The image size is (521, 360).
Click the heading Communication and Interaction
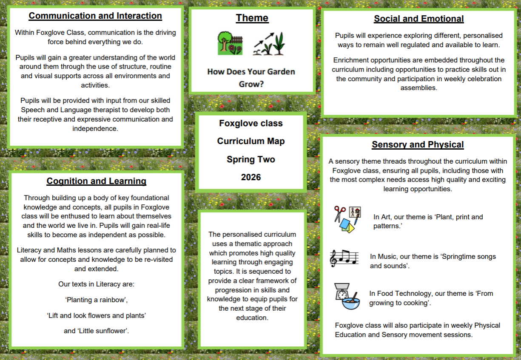[95, 16]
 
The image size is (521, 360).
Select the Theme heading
[252, 18]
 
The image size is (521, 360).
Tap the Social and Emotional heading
[419, 19]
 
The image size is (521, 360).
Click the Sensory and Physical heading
[418, 145]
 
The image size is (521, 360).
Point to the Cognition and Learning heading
[96, 181]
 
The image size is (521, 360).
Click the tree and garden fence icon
[230, 43]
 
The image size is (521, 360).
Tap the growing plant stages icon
[269, 44]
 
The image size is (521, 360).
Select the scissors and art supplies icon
[347, 219]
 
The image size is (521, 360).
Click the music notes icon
[344, 258]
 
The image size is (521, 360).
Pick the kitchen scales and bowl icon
[347, 297]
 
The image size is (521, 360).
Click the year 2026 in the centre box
[251, 177]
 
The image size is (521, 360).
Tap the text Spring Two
[251, 159]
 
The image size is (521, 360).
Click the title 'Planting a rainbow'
[96, 300]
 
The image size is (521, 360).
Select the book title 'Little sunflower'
[96, 331]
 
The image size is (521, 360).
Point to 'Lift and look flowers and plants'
[96, 315]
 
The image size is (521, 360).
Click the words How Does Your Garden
[251, 71]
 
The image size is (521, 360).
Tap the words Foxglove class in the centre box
[251, 123]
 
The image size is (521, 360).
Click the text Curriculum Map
[251, 141]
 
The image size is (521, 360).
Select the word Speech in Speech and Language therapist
[32, 110]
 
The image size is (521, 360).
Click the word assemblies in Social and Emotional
[419, 88]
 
